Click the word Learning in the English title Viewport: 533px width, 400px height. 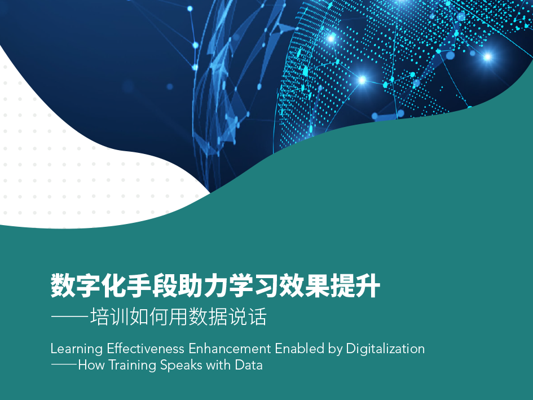77,349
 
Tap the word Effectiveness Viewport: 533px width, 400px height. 146,349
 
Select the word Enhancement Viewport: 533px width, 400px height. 230,349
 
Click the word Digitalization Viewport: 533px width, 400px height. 385,349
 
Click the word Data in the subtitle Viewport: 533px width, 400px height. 249,365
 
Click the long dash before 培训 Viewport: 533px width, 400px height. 70,317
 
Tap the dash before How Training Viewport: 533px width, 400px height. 64,364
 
